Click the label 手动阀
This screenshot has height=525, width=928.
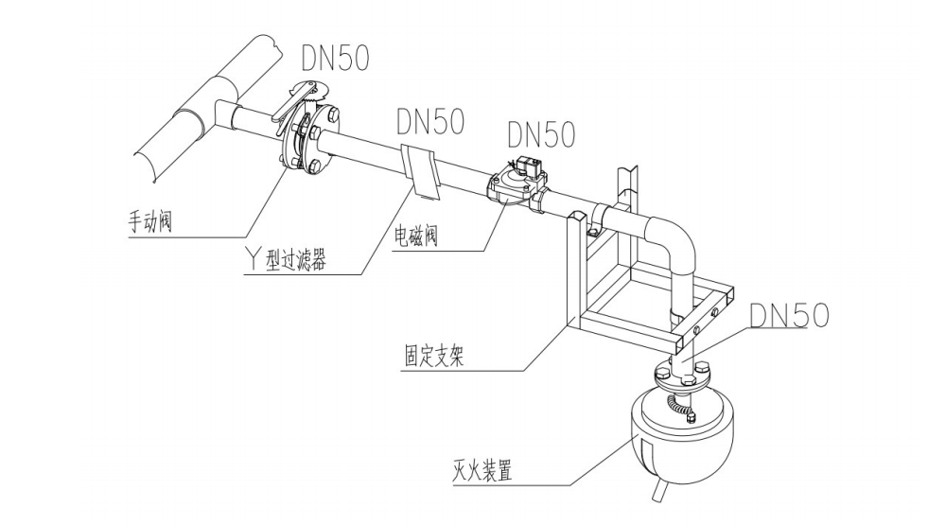155,223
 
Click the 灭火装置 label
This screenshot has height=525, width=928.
482,471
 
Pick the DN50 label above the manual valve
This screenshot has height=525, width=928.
335,59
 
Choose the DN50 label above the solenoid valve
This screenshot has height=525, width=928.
541,134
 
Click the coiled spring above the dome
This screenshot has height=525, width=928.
679,407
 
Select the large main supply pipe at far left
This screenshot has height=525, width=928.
203,99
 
